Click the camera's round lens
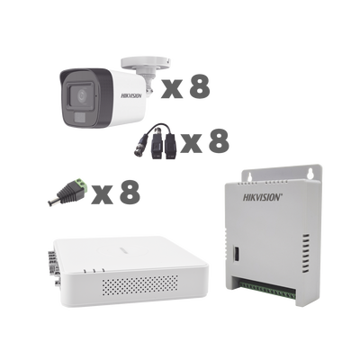coord(81,96)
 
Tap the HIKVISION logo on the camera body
coord(131,95)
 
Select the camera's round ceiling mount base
coord(146,62)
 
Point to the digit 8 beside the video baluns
coord(219,140)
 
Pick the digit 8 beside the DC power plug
coord(130,192)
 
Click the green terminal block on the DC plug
coord(80,184)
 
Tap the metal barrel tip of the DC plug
coord(51,202)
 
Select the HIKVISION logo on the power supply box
coord(263,197)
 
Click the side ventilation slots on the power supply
coord(305,254)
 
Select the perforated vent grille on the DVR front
coord(139,285)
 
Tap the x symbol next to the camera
coord(172,88)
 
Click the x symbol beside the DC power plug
coord(103,195)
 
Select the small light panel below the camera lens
coord(80,118)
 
